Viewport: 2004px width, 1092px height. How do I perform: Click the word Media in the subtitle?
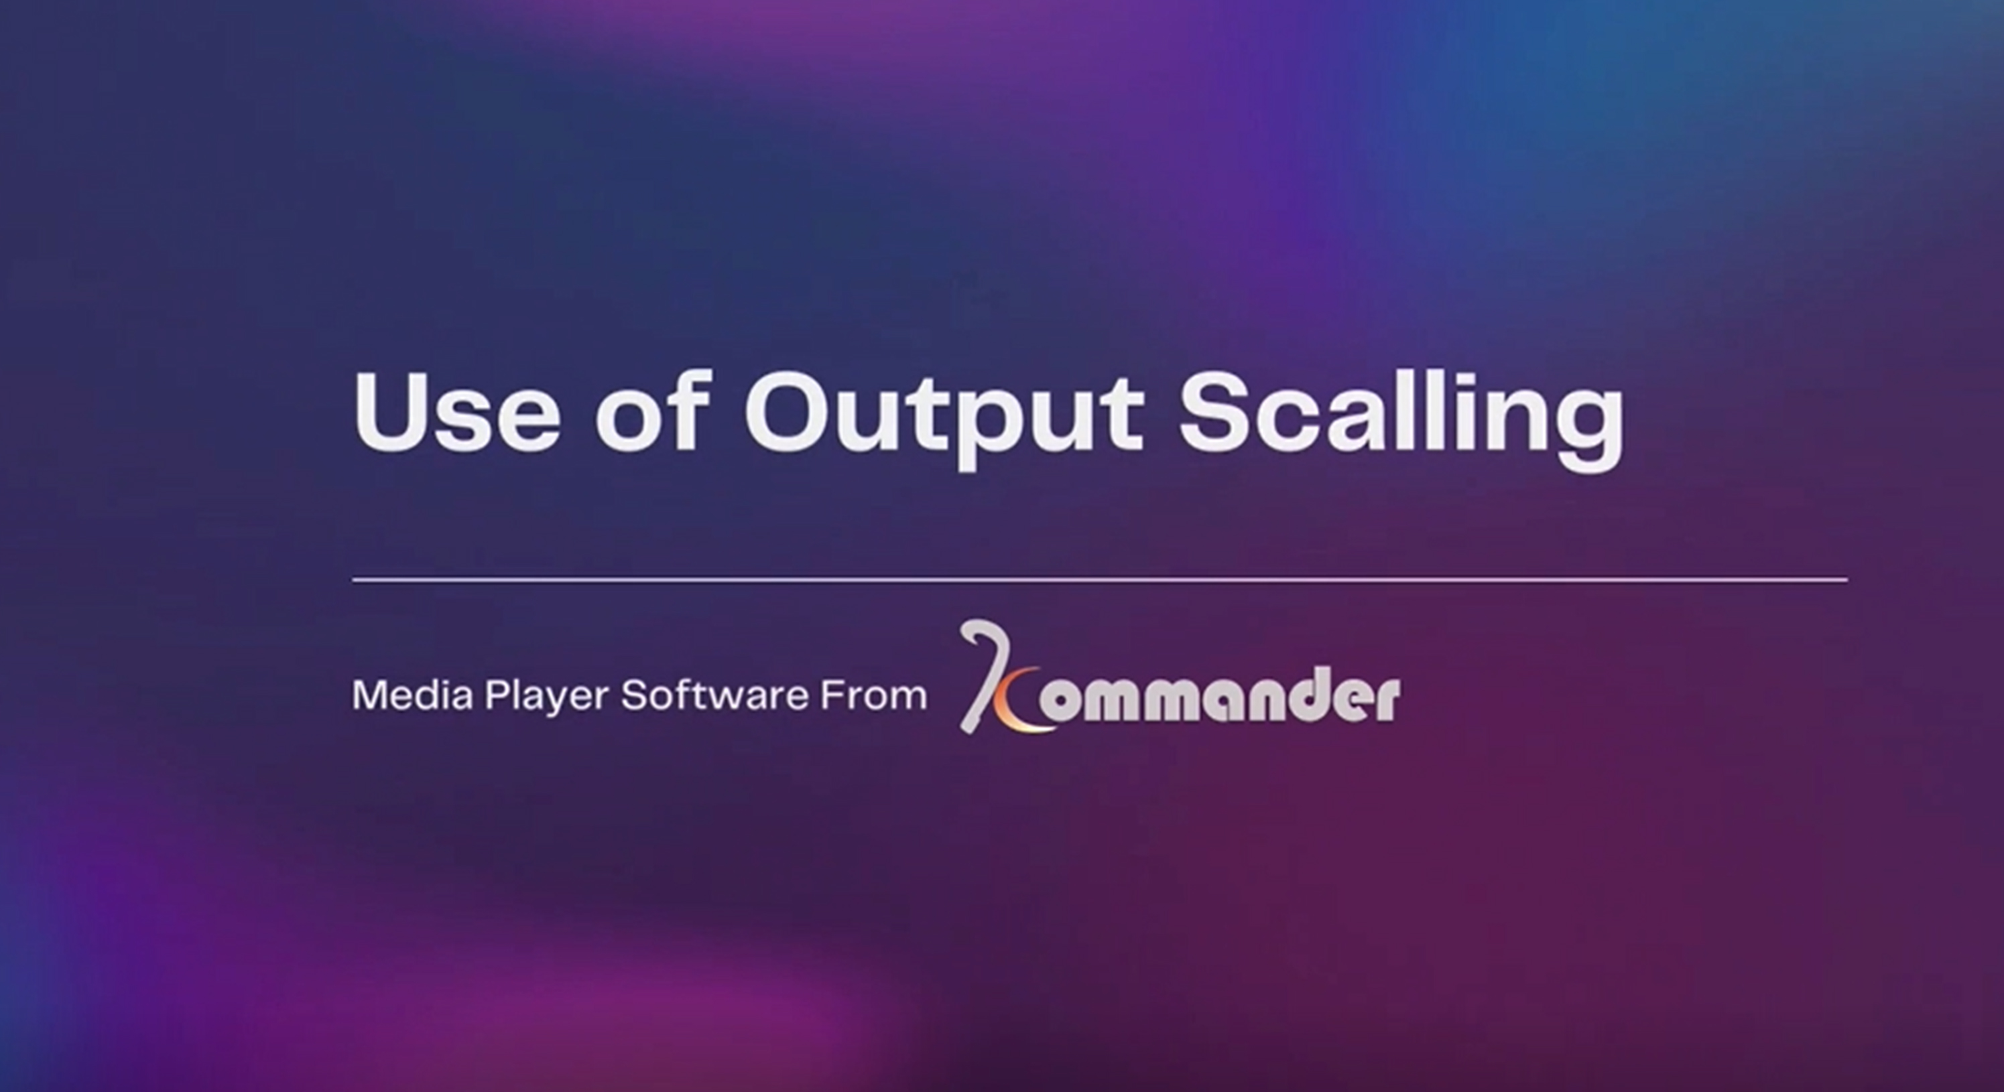(x=412, y=695)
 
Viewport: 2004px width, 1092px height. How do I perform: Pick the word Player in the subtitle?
(x=547, y=697)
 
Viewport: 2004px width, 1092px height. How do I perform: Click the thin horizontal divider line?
(x=1099, y=579)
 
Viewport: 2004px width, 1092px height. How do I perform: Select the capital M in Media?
(x=369, y=695)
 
